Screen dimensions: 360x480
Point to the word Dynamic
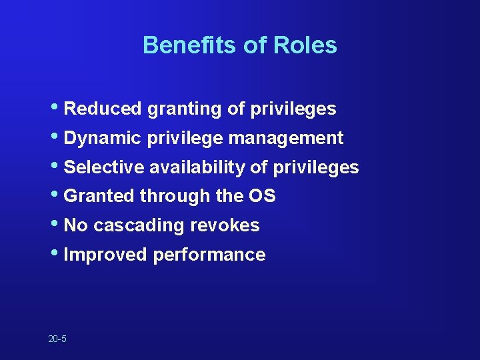(99, 139)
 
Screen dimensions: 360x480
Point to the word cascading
(139, 226)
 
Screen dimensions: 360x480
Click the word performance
(209, 255)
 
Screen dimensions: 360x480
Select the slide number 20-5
(57, 339)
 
